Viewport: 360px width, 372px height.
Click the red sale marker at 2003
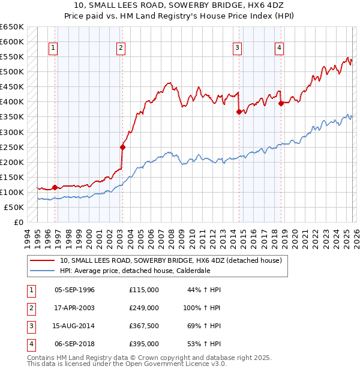[x=122, y=147]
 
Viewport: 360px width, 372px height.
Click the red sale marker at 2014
[x=239, y=112]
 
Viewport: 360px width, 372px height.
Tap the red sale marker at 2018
[x=281, y=103]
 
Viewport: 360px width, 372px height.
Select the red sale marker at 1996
[x=55, y=187]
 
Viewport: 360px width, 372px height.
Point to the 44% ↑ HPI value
[x=205, y=290]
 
